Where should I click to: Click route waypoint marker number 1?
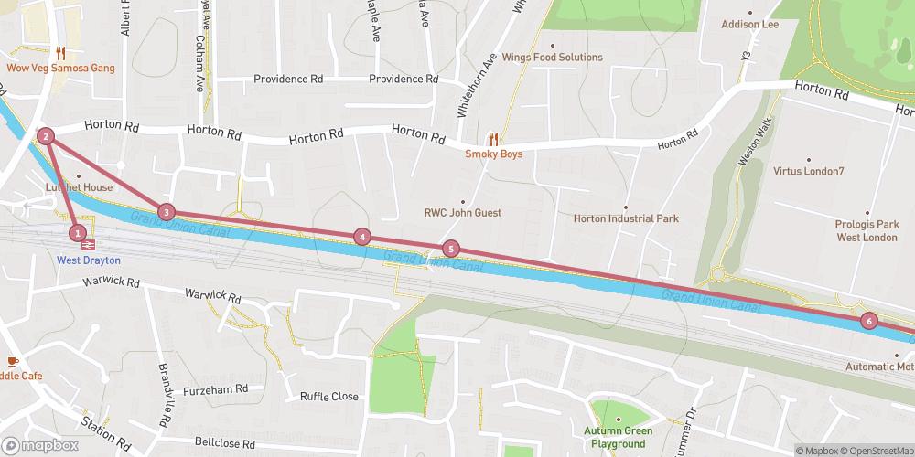pos(79,233)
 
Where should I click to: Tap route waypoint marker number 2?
pos(46,137)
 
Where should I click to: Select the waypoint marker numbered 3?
pos(166,212)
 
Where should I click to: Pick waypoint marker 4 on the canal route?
pos(363,237)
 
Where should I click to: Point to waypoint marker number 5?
pos(450,249)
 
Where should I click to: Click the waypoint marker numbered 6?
pos(869,321)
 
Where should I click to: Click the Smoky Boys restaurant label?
pos(493,154)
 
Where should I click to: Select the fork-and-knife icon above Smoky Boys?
pos(493,139)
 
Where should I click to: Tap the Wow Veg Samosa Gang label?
pos(60,69)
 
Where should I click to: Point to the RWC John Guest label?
pos(462,213)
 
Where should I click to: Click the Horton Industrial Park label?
pos(626,219)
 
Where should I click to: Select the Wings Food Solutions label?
pos(552,58)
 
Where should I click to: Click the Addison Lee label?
pos(749,25)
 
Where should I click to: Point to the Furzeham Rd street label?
pos(216,388)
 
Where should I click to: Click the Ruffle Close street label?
pos(329,397)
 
